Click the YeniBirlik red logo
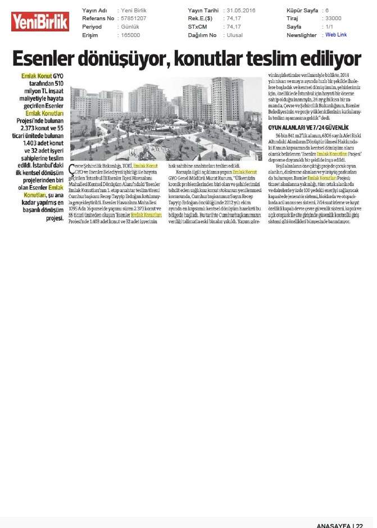(40, 22)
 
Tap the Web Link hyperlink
(336, 35)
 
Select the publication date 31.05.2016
(241, 11)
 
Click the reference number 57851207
(134, 19)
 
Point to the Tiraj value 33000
(333, 19)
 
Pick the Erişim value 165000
(131, 35)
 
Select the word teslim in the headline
(274, 58)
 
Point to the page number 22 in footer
(367, 524)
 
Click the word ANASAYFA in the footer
(334, 524)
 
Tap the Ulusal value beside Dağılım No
(235, 35)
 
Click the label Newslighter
(302, 35)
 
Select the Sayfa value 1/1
(329, 26)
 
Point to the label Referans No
(98, 19)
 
